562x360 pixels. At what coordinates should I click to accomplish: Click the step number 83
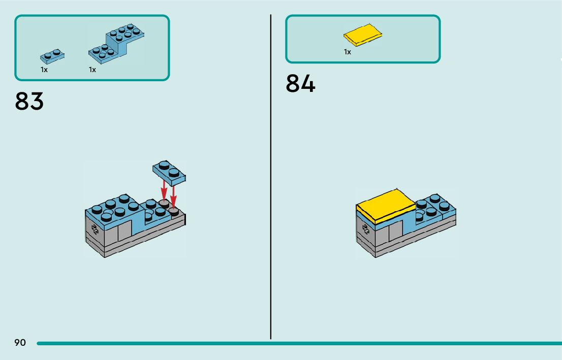(29, 101)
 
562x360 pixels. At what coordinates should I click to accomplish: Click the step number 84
(300, 83)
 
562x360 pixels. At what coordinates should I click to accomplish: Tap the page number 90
(20, 343)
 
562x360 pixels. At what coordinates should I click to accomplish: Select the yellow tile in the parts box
(362, 35)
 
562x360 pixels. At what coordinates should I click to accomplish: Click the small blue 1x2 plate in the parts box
(52, 55)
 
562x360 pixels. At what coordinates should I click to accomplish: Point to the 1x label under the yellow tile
(348, 52)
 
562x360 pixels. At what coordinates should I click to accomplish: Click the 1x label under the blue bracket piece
(92, 70)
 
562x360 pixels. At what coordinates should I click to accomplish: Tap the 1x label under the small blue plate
(44, 70)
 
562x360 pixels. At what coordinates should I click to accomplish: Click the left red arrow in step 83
(164, 191)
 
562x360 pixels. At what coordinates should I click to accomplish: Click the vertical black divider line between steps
(271, 178)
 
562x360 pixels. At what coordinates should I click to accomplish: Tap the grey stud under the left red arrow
(164, 203)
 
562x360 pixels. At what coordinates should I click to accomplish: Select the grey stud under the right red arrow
(174, 210)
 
